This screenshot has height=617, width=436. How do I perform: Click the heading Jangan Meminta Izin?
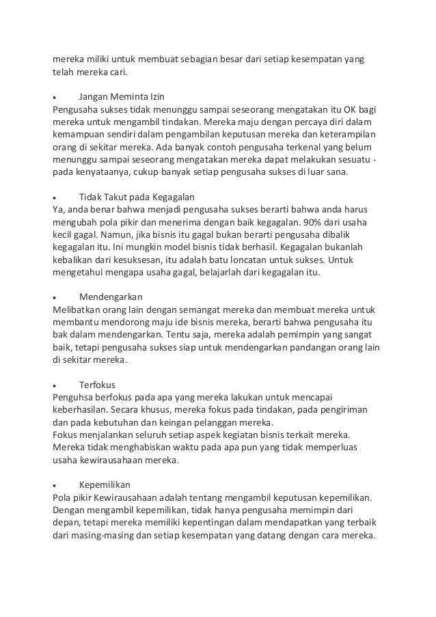point(122,96)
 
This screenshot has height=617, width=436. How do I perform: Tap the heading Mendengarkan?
point(111,297)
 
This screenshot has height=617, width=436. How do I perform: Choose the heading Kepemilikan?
point(105,484)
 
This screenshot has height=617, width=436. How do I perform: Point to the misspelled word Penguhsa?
point(74,397)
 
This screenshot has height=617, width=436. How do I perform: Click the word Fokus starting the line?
point(66,435)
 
